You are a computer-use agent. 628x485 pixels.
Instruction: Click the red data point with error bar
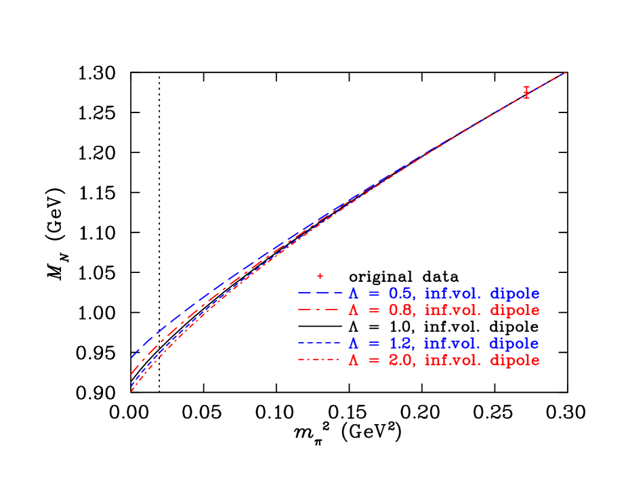tap(526, 93)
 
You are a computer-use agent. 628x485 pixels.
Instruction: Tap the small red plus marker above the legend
tap(320, 276)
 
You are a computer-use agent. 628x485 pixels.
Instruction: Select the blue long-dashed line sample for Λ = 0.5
tap(320, 294)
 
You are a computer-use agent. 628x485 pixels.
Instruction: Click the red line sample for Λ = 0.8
tap(318, 310)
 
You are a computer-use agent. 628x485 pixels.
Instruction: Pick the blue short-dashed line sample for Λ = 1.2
tap(318, 343)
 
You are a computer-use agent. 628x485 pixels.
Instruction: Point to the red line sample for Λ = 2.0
tap(318, 360)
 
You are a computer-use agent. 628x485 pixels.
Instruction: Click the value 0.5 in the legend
tap(400, 294)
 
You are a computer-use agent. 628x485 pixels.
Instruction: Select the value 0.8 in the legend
tap(400, 310)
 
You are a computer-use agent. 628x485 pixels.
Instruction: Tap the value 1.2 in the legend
tap(400, 343)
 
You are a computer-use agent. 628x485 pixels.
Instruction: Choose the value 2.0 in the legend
tap(400, 360)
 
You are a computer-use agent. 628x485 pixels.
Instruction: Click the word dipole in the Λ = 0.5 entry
tap(514, 295)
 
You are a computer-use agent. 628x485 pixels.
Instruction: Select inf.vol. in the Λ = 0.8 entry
tap(453, 310)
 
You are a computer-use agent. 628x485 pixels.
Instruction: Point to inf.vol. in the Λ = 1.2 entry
tap(453, 343)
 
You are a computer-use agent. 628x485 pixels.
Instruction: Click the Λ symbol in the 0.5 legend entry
tap(353, 294)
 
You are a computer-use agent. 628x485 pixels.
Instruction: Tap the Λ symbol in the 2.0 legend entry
tap(353, 360)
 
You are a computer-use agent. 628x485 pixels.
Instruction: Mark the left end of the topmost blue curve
tap(131, 357)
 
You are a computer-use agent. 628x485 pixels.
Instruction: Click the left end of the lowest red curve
tap(131, 391)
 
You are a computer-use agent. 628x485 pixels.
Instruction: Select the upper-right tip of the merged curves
tap(564, 72)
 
